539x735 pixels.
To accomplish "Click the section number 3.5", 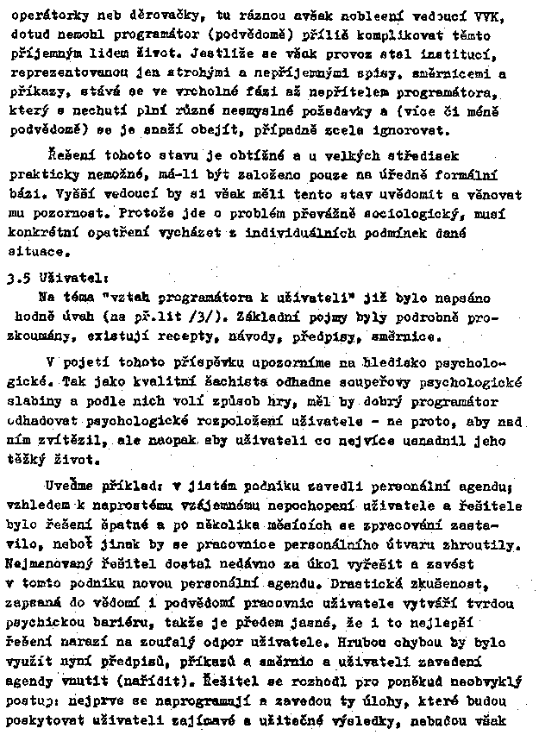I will click(x=18, y=279).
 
